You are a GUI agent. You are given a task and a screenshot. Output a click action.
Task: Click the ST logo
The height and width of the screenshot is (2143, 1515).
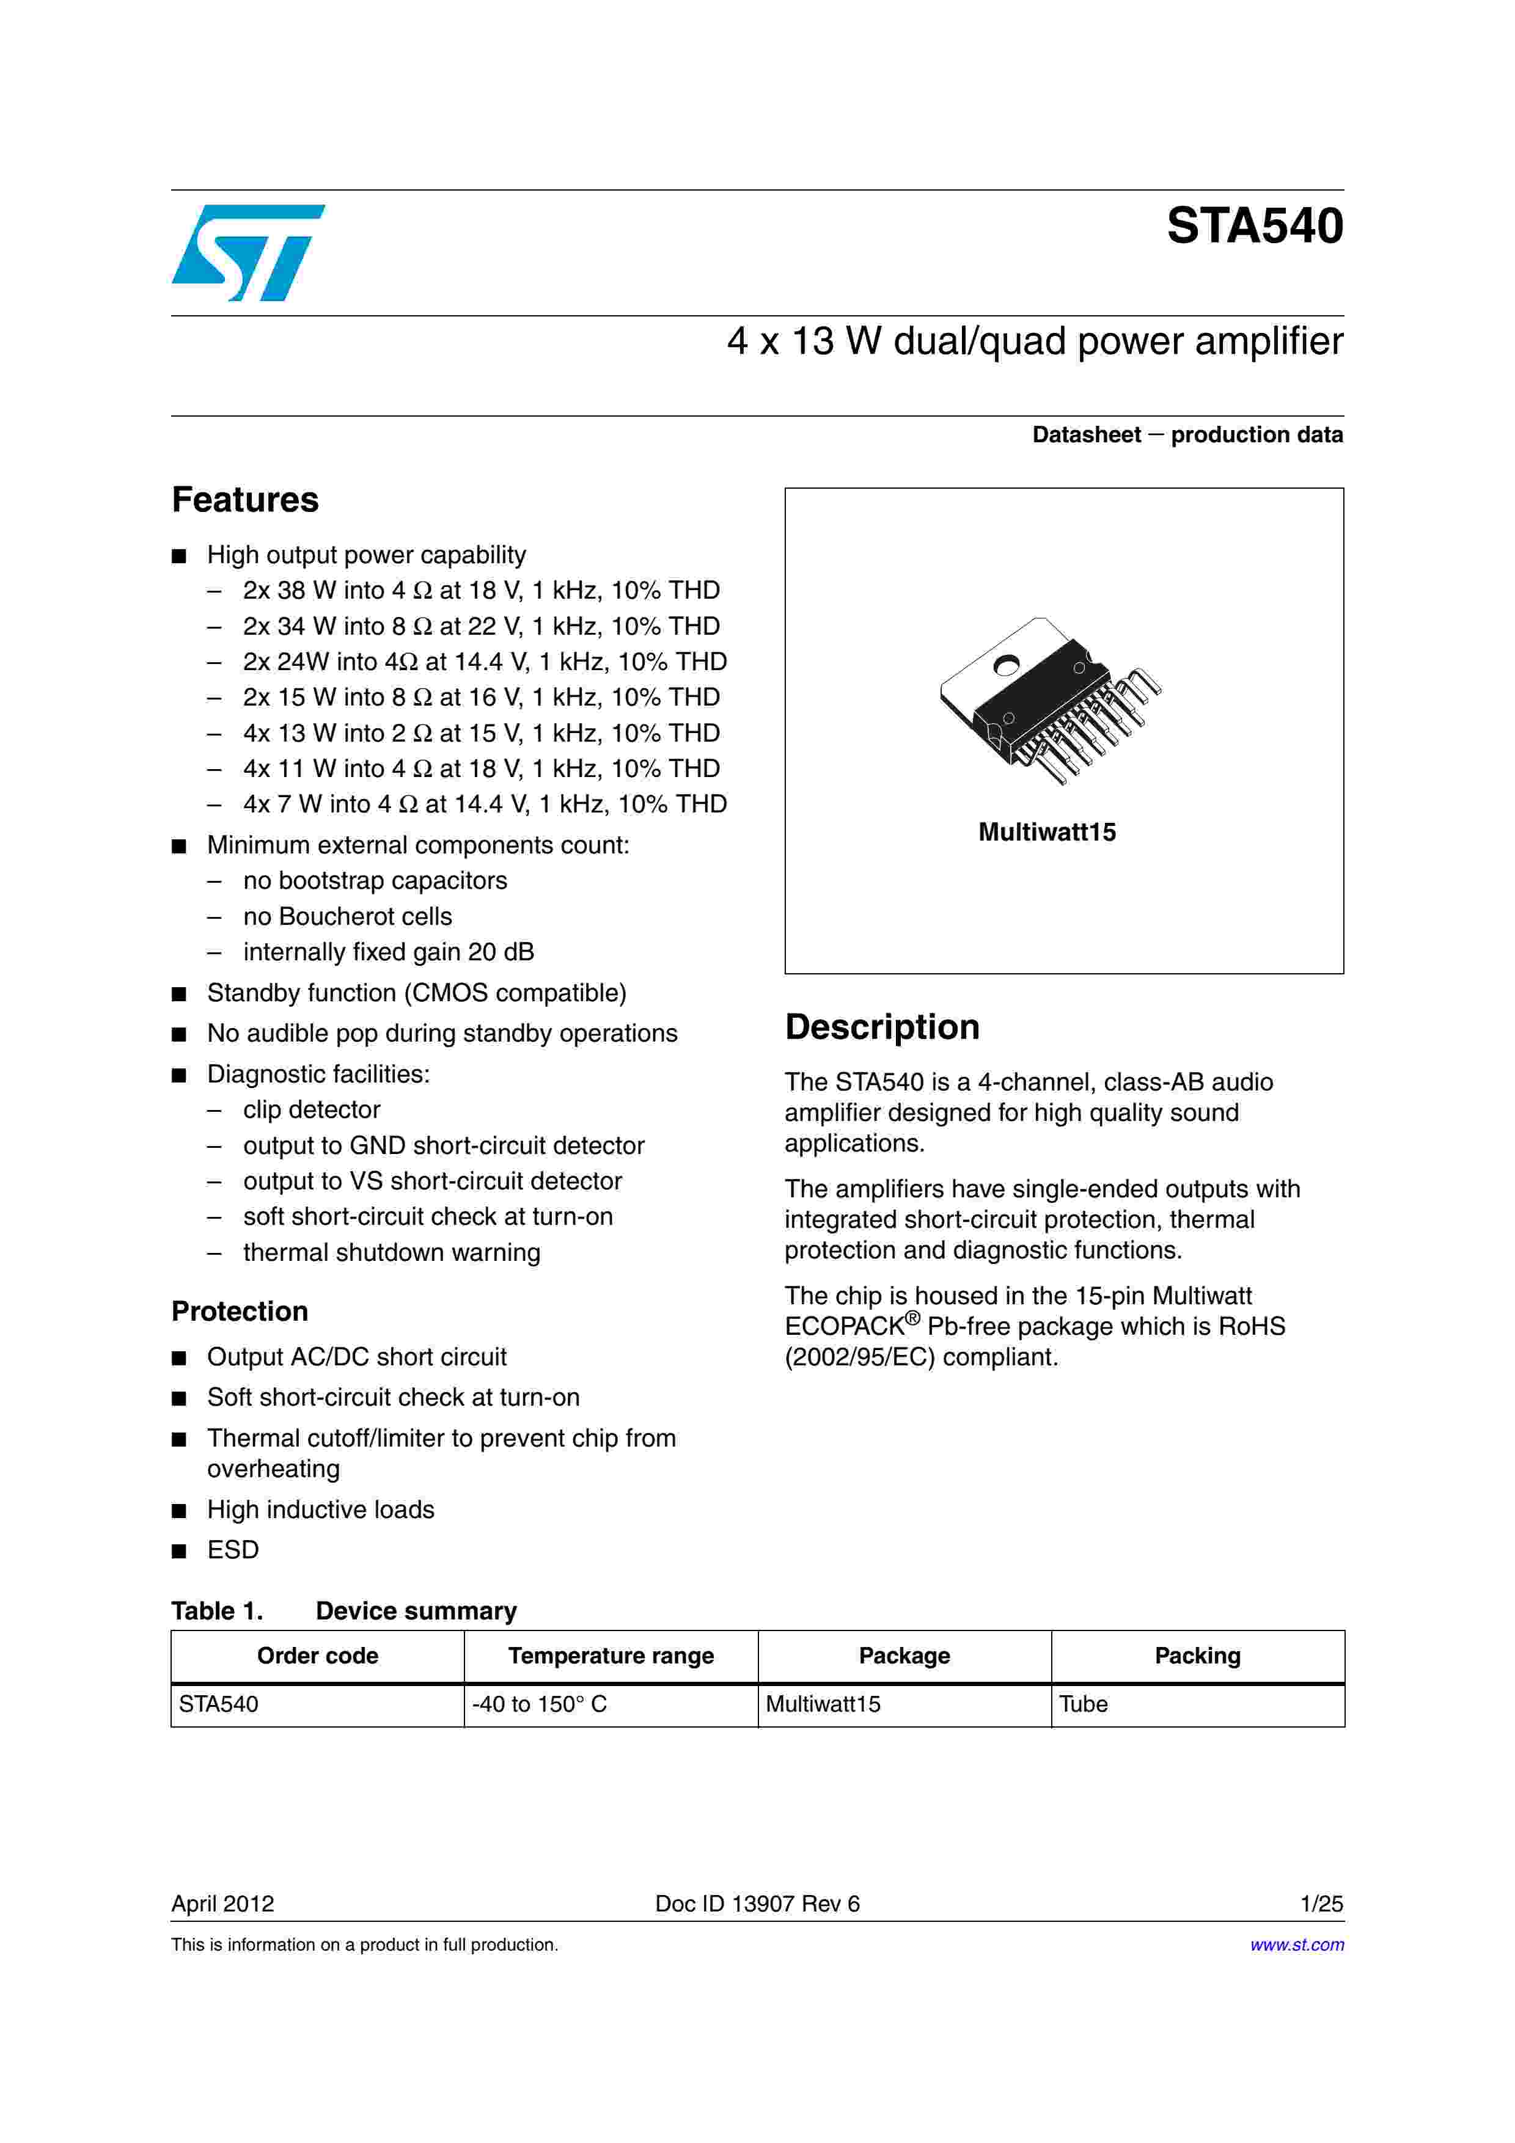tap(248, 252)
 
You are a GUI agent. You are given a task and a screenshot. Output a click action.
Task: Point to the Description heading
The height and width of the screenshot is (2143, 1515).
tap(882, 1028)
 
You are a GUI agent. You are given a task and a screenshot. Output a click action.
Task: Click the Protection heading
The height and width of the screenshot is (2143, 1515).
tap(240, 1312)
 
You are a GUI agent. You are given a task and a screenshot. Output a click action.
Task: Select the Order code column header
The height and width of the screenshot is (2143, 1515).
tap(317, 1656)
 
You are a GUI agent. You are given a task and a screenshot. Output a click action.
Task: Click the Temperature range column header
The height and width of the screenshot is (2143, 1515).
tap(611, 1656)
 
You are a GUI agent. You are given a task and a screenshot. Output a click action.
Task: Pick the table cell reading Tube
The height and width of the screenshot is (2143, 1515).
tap(1084, 1704)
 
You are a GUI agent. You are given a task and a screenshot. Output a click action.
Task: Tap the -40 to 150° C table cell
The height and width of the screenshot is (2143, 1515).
tap(540, 1704)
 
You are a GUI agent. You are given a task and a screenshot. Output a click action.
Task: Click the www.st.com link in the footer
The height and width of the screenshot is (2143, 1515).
tap(1297, 1945)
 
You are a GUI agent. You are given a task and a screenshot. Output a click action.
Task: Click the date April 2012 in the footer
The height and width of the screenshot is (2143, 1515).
tap(223, 1904)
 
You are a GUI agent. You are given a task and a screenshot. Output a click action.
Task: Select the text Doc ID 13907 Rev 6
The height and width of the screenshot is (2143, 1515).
tap(757, 1904)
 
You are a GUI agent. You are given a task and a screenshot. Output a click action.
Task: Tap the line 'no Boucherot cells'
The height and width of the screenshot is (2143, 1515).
tap(347, 916)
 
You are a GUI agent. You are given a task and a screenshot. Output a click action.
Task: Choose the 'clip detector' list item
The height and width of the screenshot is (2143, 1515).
tap(312, 1110)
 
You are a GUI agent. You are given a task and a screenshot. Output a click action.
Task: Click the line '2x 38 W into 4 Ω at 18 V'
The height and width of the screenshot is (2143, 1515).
tap(481, 591)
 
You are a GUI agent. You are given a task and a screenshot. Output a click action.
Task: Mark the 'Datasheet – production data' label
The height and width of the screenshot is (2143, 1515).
tap(1187, 435)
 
